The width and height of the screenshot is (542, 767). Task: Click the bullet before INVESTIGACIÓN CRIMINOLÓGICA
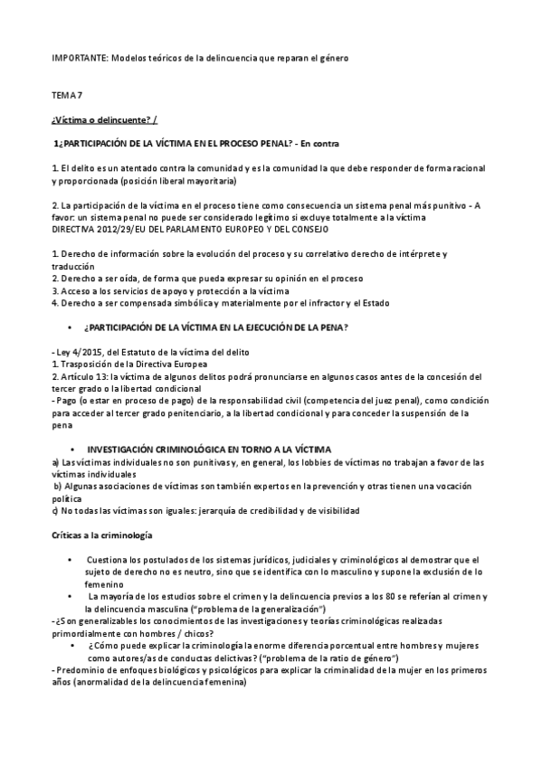tap(71, 449)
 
